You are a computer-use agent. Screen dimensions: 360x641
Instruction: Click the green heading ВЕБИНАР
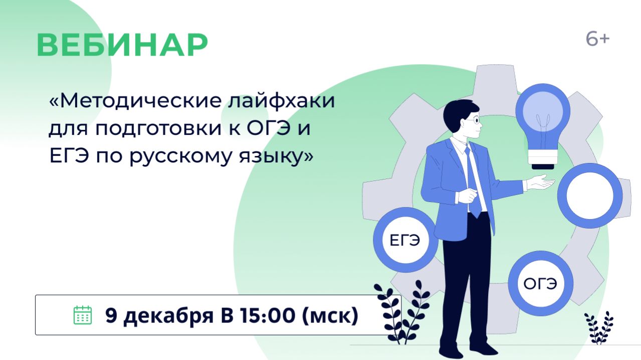(x=122, y=45)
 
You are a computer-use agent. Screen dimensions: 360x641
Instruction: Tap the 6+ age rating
(x=597, y=39)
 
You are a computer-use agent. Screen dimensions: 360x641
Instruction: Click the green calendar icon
(x=83, y=315)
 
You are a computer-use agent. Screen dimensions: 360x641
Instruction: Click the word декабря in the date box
(x=168, y=315)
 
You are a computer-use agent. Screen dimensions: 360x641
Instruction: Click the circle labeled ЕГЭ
(x=405, y=240)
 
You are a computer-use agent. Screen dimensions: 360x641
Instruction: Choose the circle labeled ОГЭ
(x=540, y=284)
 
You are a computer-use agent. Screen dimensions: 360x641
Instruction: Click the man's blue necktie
(x=472, y=181)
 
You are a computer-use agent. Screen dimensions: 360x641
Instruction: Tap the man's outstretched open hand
(x=540, y=183)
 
